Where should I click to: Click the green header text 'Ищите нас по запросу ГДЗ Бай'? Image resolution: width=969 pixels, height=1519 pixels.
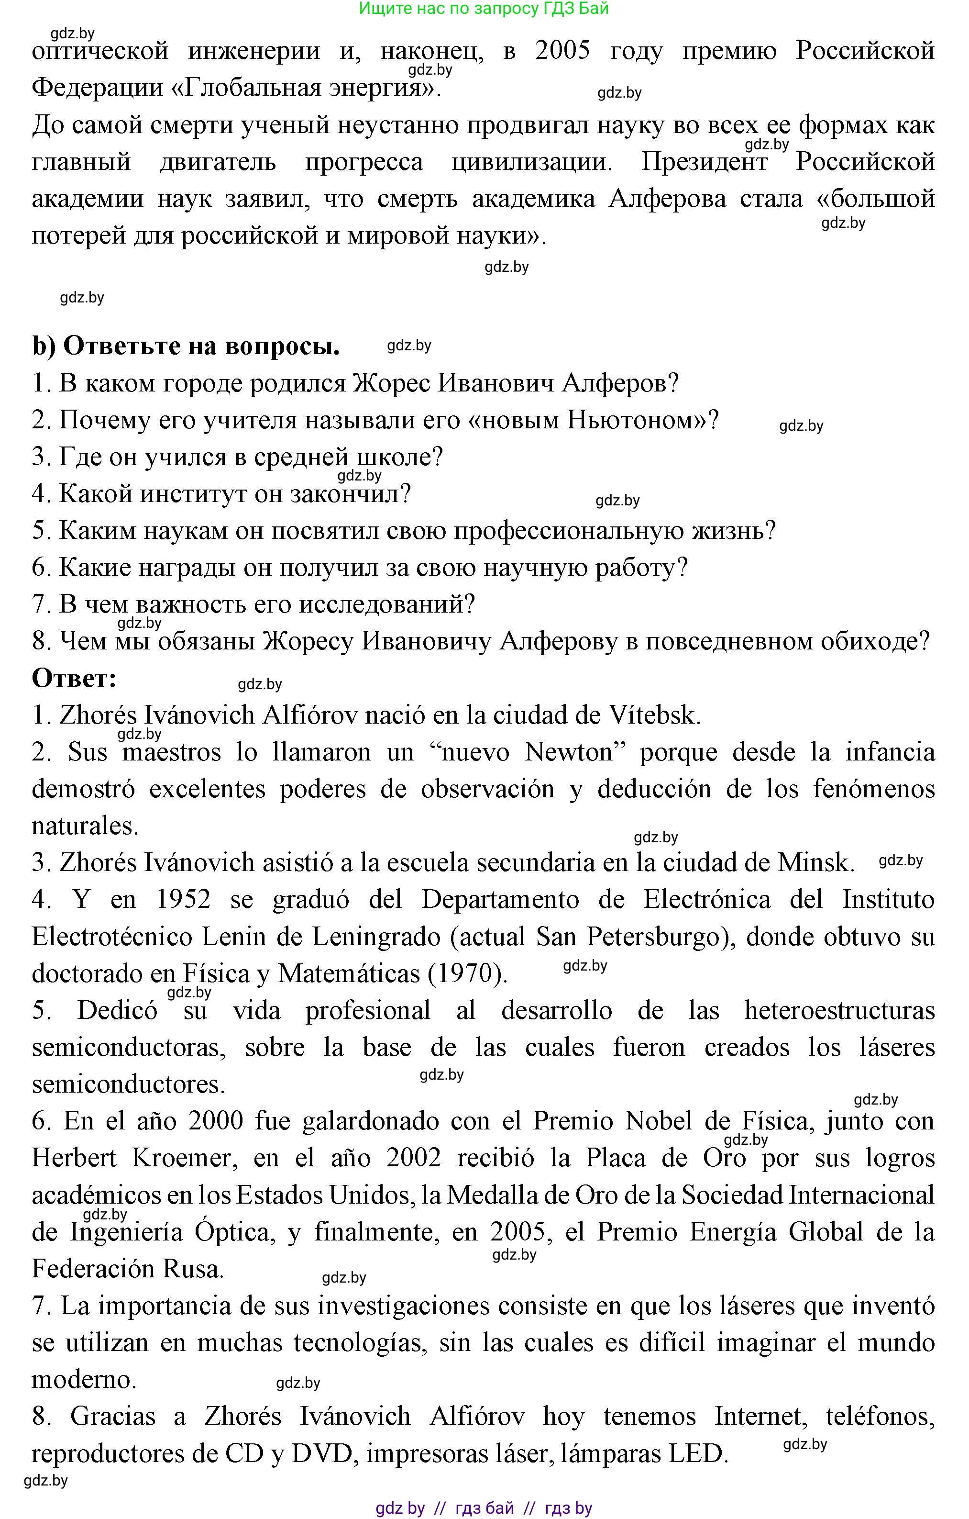pyautogui.click(x=484, y=9)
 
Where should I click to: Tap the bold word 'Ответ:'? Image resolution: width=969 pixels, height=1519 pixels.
pyautogui.click(x=75, y=679)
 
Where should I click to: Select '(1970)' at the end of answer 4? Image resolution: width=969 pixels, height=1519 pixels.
pyautogui.click(x=468, y=974)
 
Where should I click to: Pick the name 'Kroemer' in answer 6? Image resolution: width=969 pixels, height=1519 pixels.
pyautogui.click(x=182, y=1158)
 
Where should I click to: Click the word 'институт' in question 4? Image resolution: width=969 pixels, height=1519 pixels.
pyautogui.click(x=193, y=494)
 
